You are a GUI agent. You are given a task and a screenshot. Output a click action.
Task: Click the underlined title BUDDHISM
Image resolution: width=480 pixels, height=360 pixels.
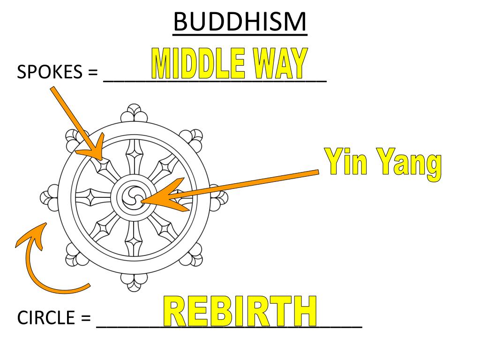(240, 22)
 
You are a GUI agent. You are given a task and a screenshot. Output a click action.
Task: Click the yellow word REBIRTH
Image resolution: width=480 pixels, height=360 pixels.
(240, 311)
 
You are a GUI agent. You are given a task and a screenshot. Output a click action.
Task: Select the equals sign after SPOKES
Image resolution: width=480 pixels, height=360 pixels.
(92, 73)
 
